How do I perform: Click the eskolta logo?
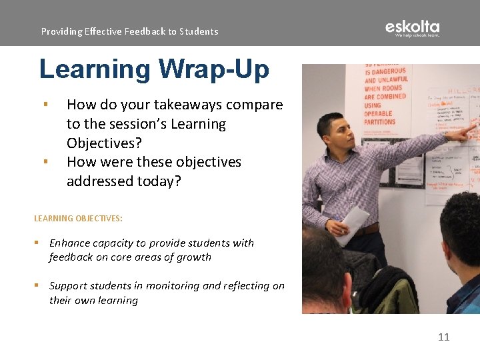[412, 29]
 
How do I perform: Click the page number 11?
[443, 337]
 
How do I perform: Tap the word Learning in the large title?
[95, 69]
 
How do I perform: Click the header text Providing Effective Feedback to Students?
[129, 31]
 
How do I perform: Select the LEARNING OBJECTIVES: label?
[78, 218]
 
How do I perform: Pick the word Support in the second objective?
[71, 285]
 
